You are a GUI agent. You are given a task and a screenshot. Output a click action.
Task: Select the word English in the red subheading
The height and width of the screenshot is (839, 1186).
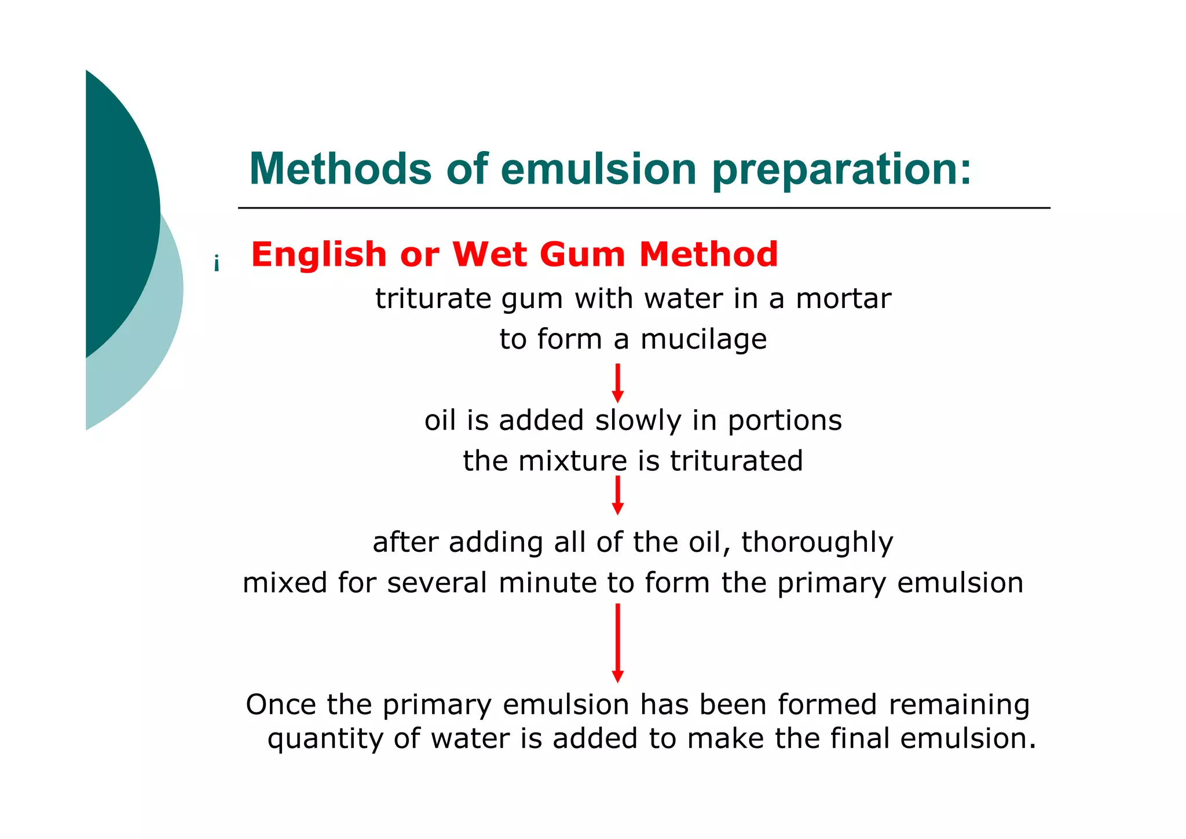tap(319, 255)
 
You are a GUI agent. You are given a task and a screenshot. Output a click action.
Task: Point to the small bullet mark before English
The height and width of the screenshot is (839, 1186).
tap(217, 264)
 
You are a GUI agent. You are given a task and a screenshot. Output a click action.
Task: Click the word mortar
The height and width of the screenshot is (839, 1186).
tap(843, 299)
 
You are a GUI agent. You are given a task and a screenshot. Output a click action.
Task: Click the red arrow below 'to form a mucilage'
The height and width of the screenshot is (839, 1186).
tap(618, 383)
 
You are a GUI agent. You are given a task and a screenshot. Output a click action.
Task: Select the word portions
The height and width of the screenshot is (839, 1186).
tap(785, 421)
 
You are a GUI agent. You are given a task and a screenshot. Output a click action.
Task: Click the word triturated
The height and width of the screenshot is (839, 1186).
tap(736, 461)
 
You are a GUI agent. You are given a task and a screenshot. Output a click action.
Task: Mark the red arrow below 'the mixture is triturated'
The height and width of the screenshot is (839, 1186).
tap(618, 495)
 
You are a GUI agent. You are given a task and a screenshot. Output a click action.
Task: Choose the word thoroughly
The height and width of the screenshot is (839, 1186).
tap(817, 543)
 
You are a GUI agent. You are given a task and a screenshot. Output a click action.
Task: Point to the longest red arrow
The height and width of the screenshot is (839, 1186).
tap(618, 643)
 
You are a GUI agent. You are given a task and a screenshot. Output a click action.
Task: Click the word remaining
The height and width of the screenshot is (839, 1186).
tap(959, 705)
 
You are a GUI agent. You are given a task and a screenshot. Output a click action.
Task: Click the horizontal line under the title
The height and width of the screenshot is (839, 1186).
tap(643, 208)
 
